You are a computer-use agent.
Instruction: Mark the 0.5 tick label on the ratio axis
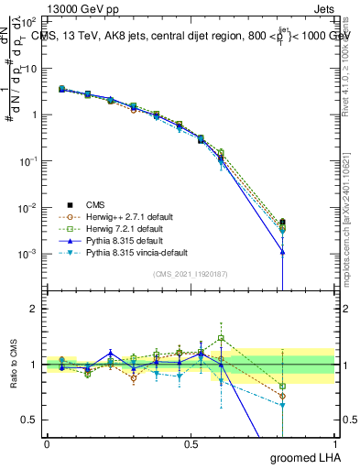pos(30,420)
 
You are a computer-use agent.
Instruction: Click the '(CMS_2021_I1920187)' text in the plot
pos(191,274)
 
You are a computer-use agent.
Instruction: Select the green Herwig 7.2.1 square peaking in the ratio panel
pos(221,338)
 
